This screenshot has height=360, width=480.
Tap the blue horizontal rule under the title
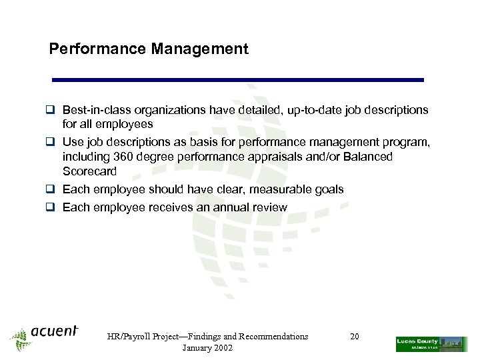click(238, 79)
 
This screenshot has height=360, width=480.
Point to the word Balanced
click(366, 157)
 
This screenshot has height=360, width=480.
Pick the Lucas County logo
click(431, 344)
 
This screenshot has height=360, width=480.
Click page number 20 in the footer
click(355, 337)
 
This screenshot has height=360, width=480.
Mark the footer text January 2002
click(207, 349)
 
